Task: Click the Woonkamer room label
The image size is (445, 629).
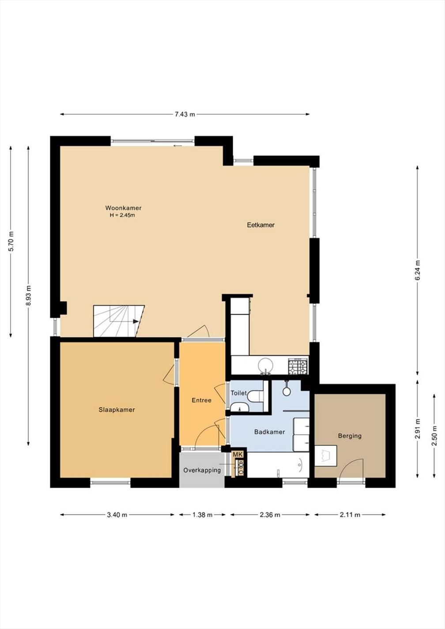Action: click(x=123, y=208)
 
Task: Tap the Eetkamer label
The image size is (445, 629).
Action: click(x=261, y=225)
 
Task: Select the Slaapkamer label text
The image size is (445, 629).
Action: click(x=117, y=410)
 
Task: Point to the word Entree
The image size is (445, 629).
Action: click(x=202, y=400)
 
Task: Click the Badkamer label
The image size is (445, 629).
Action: click(x=270, y=432)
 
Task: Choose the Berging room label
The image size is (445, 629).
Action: click(x=350, y=436)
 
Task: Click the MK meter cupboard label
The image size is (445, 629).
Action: click(x=239, y=455)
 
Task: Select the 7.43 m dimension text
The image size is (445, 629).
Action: click(x=185, y=114)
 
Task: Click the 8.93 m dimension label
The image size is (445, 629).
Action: click(x=28, y=296)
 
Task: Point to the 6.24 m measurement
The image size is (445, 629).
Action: click(x=418, y=270)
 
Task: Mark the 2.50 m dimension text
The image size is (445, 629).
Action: click(x=434, y=436)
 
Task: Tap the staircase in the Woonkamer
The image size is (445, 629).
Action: click(x=119, y=321)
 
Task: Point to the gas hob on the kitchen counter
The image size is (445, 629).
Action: click(x=298, y=366)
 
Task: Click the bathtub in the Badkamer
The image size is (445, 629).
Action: click(x=278, y=465)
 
